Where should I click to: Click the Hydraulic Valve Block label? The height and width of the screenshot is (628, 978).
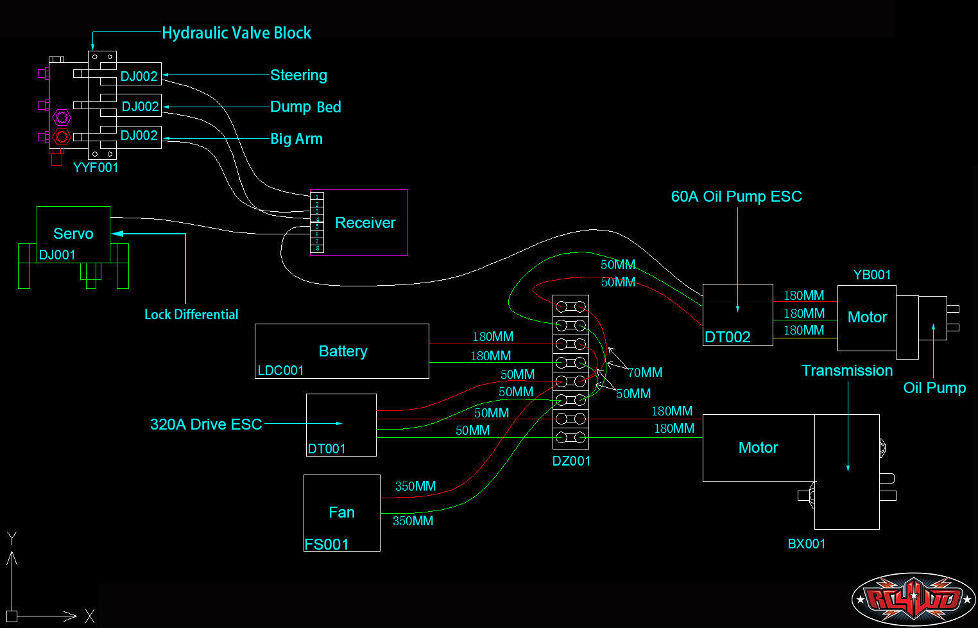pos(236,33)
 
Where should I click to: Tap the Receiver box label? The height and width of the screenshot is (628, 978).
pos(365,223)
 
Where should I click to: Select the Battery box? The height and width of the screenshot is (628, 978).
pos(342,351)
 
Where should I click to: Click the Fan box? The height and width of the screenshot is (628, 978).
pos(341,512)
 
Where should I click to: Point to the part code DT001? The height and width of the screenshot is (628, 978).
pos(327,449)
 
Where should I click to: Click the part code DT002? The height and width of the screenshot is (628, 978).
pos(727,337)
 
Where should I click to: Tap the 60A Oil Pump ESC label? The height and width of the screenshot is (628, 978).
pos(736,196)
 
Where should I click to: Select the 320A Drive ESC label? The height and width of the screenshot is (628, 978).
pos(206,424)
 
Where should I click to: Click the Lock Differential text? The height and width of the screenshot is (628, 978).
pos(191,315)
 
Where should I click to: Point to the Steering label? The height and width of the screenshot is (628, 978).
pos(298,75)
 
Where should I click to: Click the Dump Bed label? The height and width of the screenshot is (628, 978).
pos(305,107)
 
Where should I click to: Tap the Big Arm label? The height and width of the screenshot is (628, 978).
pos(296,139)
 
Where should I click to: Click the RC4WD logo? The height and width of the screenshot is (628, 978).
pos(913,599)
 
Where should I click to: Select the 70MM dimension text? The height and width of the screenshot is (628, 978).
pos(645,372)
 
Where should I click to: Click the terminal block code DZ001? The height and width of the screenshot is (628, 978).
pos(571,460)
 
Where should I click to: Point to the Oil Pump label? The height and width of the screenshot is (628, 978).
pos(934,388)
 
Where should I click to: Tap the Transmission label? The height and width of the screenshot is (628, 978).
pos(847,371)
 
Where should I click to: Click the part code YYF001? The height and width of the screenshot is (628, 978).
pos(96,168)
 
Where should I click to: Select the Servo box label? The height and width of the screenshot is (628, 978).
pos(73,234)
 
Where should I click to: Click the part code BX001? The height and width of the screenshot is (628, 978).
pos(807,544)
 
